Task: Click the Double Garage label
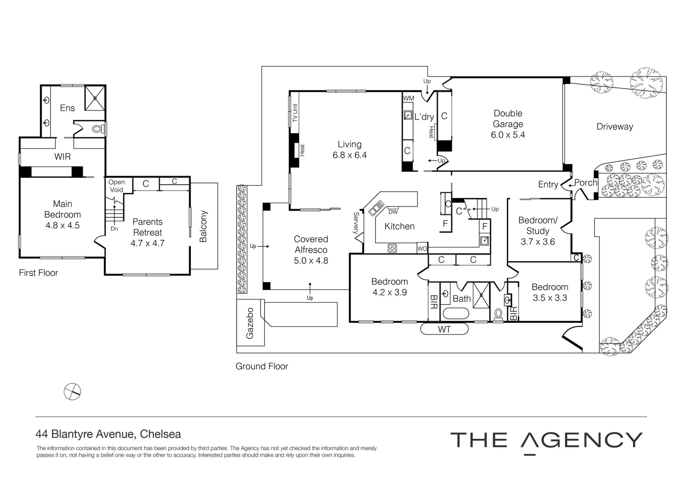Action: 507,119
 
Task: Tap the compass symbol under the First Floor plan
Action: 72,392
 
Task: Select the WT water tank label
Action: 444,330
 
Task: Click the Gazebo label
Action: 250,322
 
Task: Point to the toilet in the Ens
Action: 97,129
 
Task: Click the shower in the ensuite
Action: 94,97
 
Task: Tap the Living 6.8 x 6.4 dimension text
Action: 349,155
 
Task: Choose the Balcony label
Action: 203,226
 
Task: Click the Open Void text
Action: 116,186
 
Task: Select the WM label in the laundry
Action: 409,98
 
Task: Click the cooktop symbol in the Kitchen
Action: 392,248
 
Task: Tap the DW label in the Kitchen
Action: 393,212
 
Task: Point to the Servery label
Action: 356,223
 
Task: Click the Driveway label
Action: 615,127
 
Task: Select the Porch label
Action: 586,183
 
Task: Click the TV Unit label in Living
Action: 295,113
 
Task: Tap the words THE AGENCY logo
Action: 546,441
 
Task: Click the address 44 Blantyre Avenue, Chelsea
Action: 109,434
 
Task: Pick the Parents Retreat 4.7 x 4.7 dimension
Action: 148,244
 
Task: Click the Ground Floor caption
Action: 261,366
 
